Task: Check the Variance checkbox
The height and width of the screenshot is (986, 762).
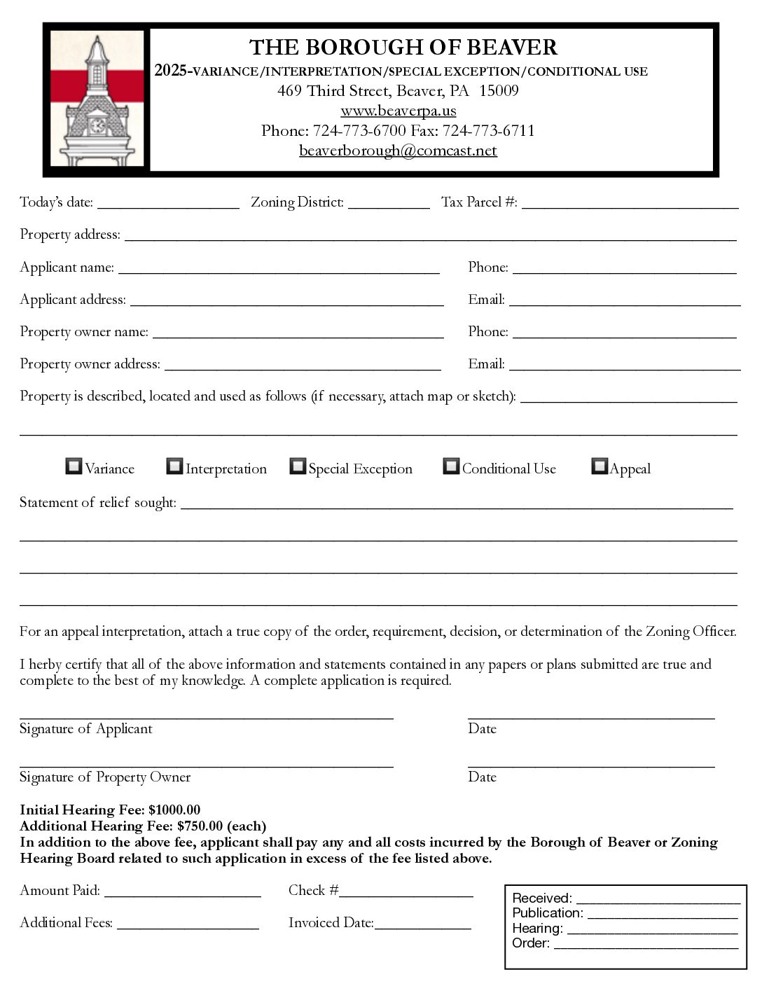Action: click(x=74, y=466)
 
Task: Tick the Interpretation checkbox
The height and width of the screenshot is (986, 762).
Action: click(x=174, y=466)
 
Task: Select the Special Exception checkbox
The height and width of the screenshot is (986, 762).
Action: click(x=298, y=466)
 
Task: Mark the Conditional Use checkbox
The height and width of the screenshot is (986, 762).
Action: click(x=451, y=466)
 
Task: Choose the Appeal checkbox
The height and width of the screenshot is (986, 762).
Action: click(x=600, y=466)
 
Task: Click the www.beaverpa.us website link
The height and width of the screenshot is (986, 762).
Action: click(x=398, y=111)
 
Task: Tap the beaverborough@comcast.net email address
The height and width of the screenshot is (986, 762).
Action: click(x=398, y=151)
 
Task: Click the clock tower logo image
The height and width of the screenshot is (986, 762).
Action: click(x=97, y=99)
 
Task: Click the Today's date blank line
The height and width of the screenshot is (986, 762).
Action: click(x=168, y=204)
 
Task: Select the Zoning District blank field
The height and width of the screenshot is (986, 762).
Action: click(x=389, y=204)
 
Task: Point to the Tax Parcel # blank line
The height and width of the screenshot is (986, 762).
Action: click(x=630, y=204)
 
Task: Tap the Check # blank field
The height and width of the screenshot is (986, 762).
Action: click(x=406, y=892)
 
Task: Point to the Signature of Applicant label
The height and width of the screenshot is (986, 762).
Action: click(x=85, y=729)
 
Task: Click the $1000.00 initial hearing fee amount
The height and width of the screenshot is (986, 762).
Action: click(x=174, y=810)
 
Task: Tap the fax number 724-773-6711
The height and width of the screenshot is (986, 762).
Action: click(x=488, y=131)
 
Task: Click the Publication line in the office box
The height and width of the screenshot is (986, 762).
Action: click(x=662, y=914)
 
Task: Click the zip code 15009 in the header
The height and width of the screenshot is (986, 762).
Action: click(x=499, y=91)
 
